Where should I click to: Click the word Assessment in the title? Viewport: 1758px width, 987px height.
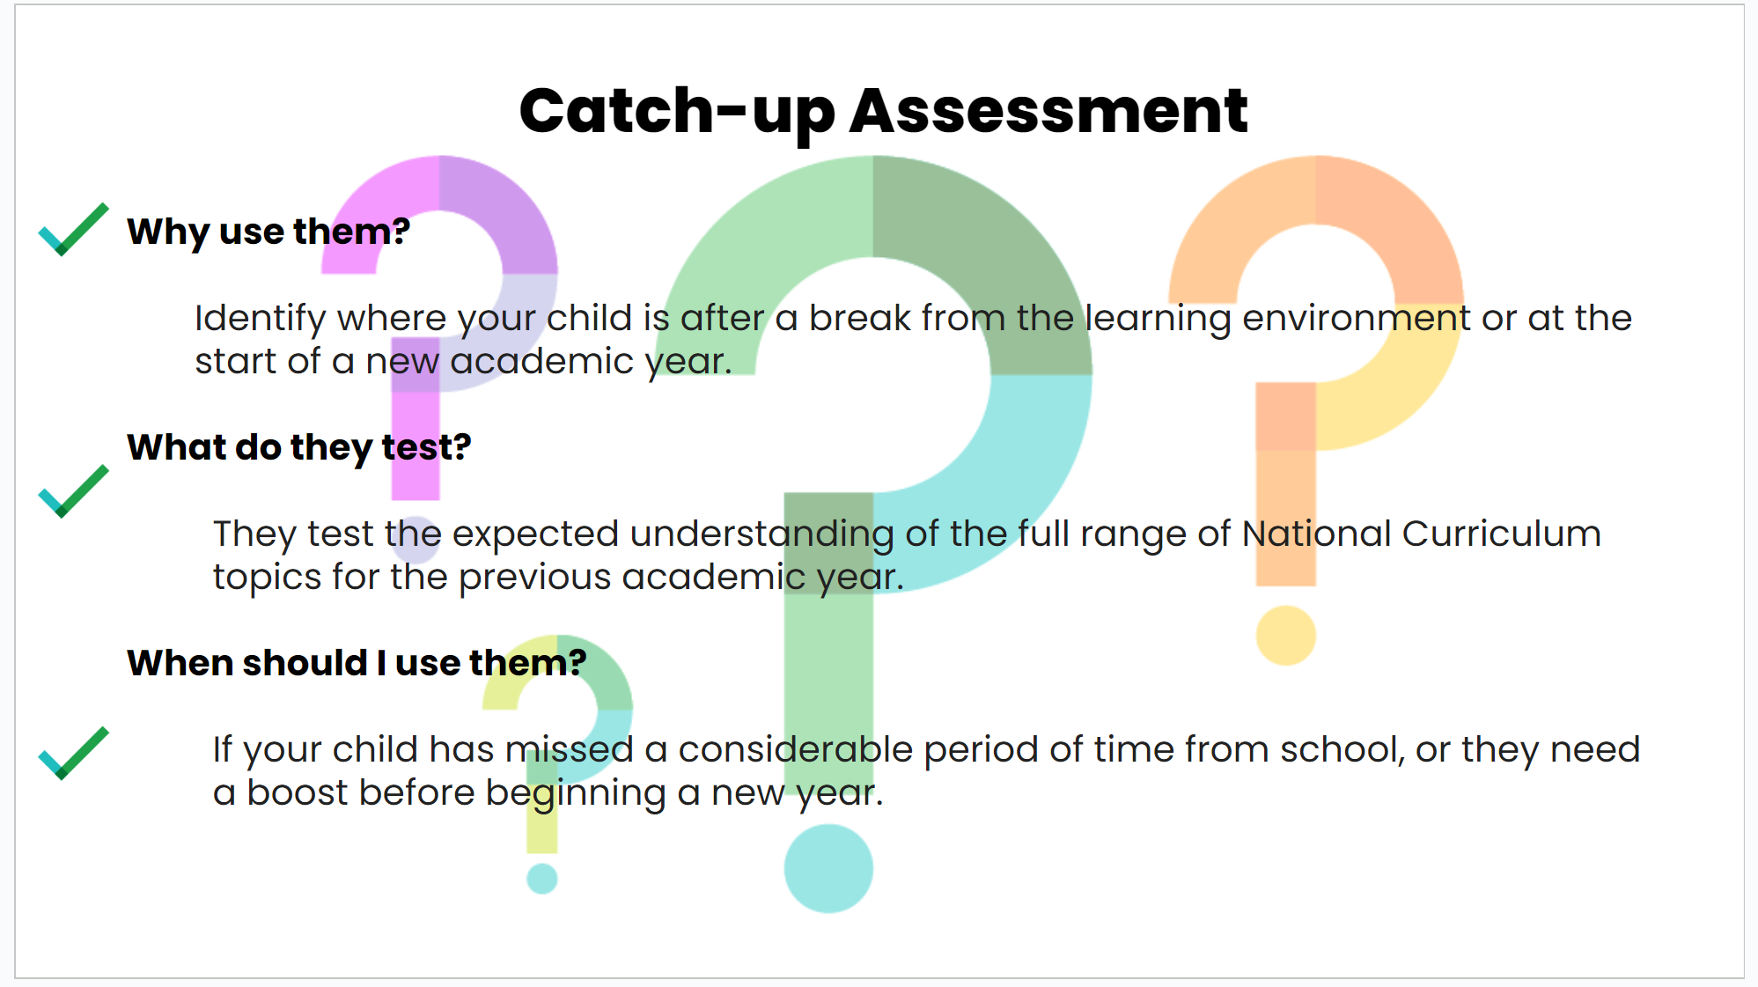point(1048,111)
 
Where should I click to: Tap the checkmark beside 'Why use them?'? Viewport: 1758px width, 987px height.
point(74,229)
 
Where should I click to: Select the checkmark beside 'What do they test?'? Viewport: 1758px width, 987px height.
point(74,491)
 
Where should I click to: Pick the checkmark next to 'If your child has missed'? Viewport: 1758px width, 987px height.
point(74,753)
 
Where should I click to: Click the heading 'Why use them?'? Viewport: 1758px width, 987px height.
point(268,232)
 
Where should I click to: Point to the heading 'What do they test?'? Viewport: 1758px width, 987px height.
point(299,448)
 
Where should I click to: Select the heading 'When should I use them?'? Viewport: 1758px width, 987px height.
point(357,663)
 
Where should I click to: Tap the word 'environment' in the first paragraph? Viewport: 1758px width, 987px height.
point(1356,318)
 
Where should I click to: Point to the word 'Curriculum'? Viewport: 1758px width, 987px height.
point(1502,534)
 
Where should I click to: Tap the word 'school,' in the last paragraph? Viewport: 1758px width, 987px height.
point(1342,749)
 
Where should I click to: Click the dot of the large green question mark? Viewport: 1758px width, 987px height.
point(828,868)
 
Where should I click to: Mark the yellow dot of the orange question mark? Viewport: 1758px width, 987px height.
point(1285,635)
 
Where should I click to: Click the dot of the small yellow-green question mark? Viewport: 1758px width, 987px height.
point(542,879)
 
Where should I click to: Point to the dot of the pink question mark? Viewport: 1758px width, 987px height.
point(416,540)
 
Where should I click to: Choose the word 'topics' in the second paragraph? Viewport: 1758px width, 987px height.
point(268,578)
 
